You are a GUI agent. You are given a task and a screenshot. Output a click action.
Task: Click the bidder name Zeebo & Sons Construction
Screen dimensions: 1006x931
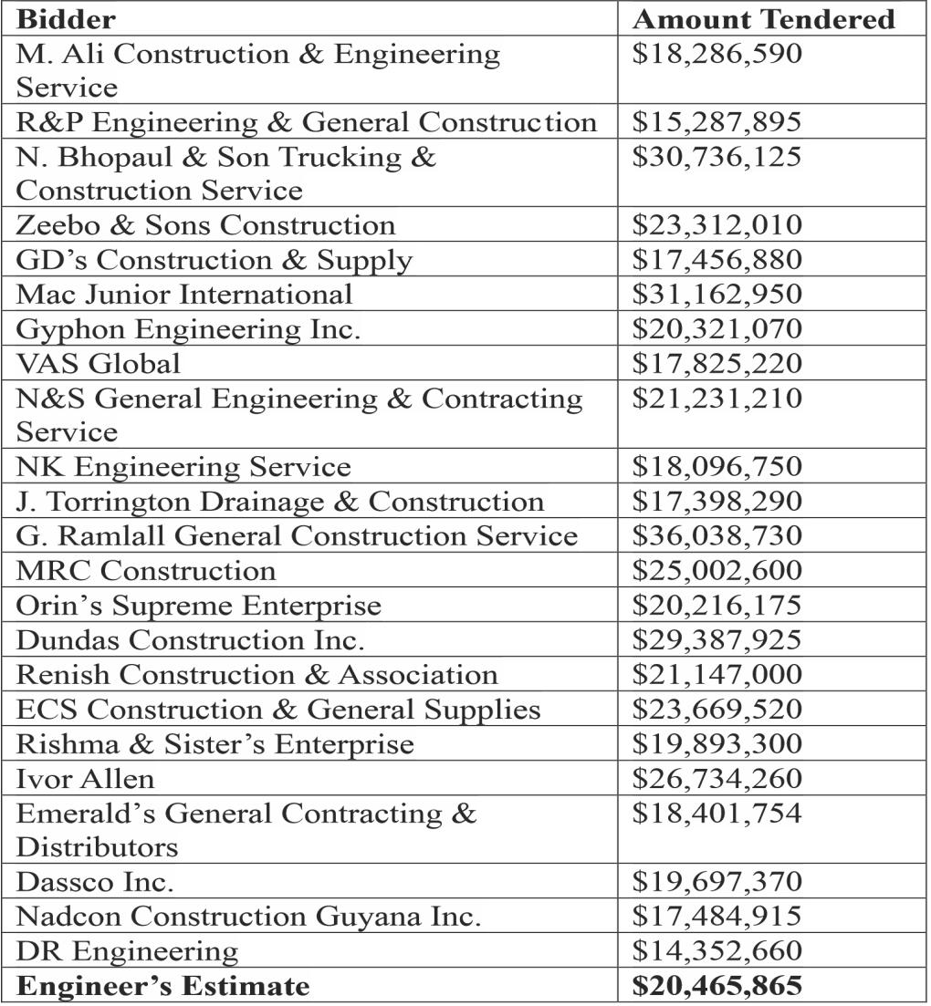point(206,225)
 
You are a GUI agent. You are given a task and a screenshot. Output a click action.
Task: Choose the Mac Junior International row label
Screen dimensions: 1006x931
point(184,294)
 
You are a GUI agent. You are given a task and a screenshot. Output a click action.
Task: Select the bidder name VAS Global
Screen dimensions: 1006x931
point(99,363)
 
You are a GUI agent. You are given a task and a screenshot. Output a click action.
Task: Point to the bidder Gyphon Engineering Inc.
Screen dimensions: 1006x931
point(189,328)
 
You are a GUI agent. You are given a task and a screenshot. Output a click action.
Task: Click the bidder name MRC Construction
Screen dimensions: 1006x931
point(146,571)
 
